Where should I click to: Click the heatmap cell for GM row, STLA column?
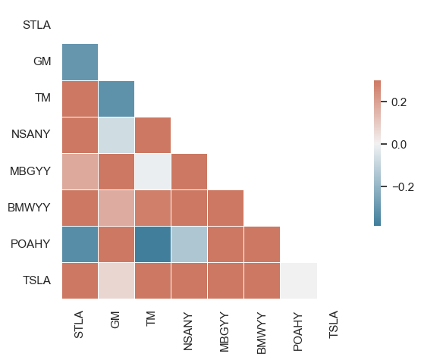pos(80,62)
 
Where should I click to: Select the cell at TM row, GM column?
pos(117,99)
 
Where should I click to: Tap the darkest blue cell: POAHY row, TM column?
pos(152,244)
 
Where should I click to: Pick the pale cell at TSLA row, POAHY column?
pos(299,280)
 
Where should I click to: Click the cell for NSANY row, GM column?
pos(117,135)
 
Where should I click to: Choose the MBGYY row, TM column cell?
pos(152,172)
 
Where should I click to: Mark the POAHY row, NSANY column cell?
pos(190,244)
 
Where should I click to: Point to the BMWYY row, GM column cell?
pos(117,208)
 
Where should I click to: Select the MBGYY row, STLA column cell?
pos(80,172)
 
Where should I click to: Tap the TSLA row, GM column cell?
pos(117,280)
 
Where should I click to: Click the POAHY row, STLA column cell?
pos(80,244)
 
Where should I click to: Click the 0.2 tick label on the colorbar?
pos(399,102)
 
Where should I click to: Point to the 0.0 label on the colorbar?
pos(399,145)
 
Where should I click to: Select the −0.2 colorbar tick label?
pos(403,187)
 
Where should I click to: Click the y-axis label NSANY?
pos(30,134)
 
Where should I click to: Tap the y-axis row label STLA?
pos(36,25)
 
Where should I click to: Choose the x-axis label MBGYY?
pos(225,332)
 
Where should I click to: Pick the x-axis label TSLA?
pos(333,324)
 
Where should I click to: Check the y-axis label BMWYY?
pos(29,208)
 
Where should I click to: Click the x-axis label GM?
pos(115,320)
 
